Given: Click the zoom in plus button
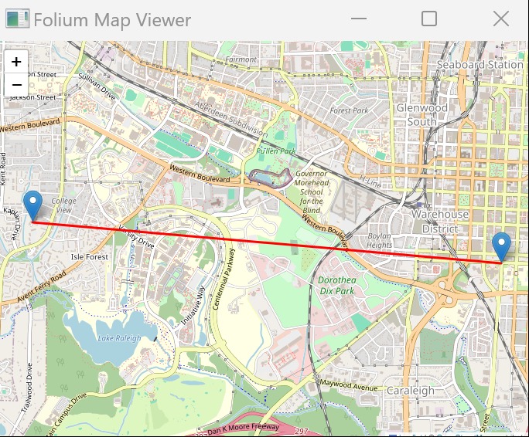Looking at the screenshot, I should pyautogui.click(x=16, y=61).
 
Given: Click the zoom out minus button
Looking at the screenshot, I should pyautogui.click(x=16, y=84).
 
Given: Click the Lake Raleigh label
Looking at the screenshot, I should pyautogui.click(x=120, y=337).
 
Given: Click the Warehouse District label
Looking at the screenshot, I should pyautogui.click(x=439, y=221).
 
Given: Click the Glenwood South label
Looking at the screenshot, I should pyautogui.click(x=421, y=115).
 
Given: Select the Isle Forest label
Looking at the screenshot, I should pyautogui.click(x=90, y=256).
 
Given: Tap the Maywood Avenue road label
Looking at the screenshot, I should pyautogui.click(x=347, y=384).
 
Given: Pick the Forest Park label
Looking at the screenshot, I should pyautogui.click(x=349, y=110).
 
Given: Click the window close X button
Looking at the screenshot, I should pyautogui.click(x=501, y=19).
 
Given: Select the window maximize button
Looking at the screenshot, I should pyautogui.click(x=428, y=19).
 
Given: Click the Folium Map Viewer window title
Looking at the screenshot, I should pyautogui.click(x=112, y=20).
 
